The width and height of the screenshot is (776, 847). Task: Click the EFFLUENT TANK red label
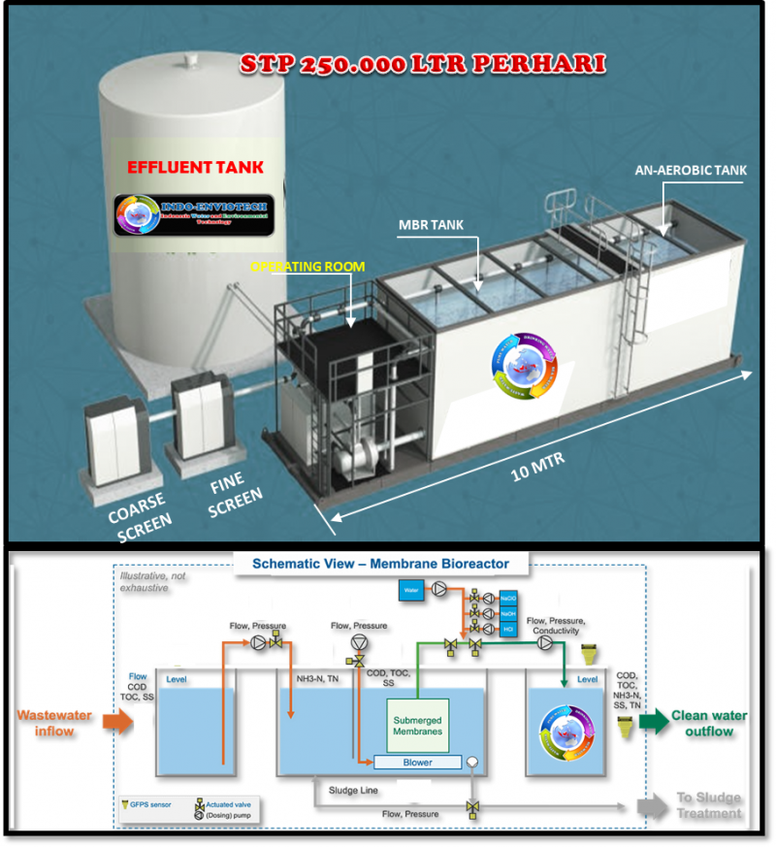pyautogui.click(x=194, y=167)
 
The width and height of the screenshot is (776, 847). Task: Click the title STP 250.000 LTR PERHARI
pyautogui.click(x=423, y=65)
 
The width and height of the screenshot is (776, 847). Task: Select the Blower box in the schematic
pyautogui.click(x=416, y=763)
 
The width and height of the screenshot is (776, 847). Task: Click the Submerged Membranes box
pyautogui.click(x=418, y=725)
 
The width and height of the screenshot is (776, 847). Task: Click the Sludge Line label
pyautogui.click(x=351, y=790)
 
